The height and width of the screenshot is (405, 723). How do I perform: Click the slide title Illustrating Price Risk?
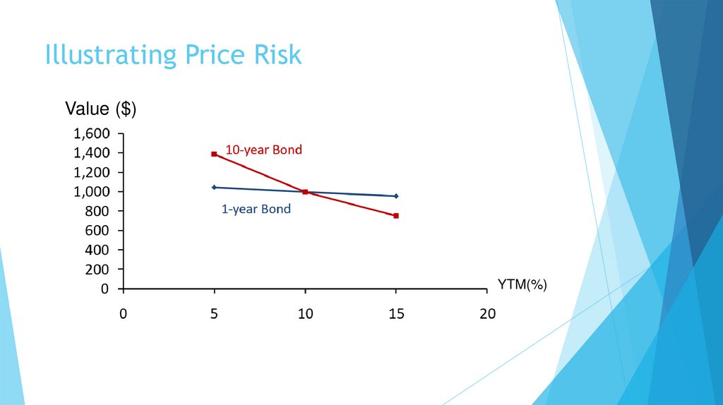pyautogui.click(x=173, y=55)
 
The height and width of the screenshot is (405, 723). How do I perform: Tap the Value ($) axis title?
pyautogui.click(x=100, y=109)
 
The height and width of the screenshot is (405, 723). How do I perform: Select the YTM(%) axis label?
pyautogui.click(x=522, y=284)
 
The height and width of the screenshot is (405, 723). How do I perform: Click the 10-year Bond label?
pyautogui.click(x=263, y=150)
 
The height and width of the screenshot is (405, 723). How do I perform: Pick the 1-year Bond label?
pyautogui.click(x=256, y=209)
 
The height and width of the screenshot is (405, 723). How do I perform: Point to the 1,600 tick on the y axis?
pyautogui.click(x=92, y=133)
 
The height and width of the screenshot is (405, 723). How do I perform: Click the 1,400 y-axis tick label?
pyautogui.click(x=92, y=152)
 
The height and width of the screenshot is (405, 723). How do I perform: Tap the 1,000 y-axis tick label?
pyautogui.click(x=92, y=192)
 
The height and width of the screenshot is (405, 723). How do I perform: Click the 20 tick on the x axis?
pyautogui.click(x=487, y=314)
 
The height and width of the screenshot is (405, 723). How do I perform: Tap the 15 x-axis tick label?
pyautogui.click(x=396, y=314)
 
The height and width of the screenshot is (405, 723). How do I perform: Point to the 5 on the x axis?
pyautogui.click(x=214, y=314)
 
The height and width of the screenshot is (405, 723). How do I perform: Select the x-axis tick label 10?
pyautogui.click(x=305, y=314)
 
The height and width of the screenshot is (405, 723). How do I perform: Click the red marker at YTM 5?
pyautogui.click(x=214, y=154)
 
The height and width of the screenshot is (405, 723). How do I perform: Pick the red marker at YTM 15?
pyautogui.click(x=396, y=216)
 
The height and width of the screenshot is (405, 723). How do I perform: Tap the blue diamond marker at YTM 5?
pyautogui.click(x=214, y=187)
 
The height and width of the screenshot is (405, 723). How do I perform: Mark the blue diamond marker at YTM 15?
pyautogui.click(x=396, y=196)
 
